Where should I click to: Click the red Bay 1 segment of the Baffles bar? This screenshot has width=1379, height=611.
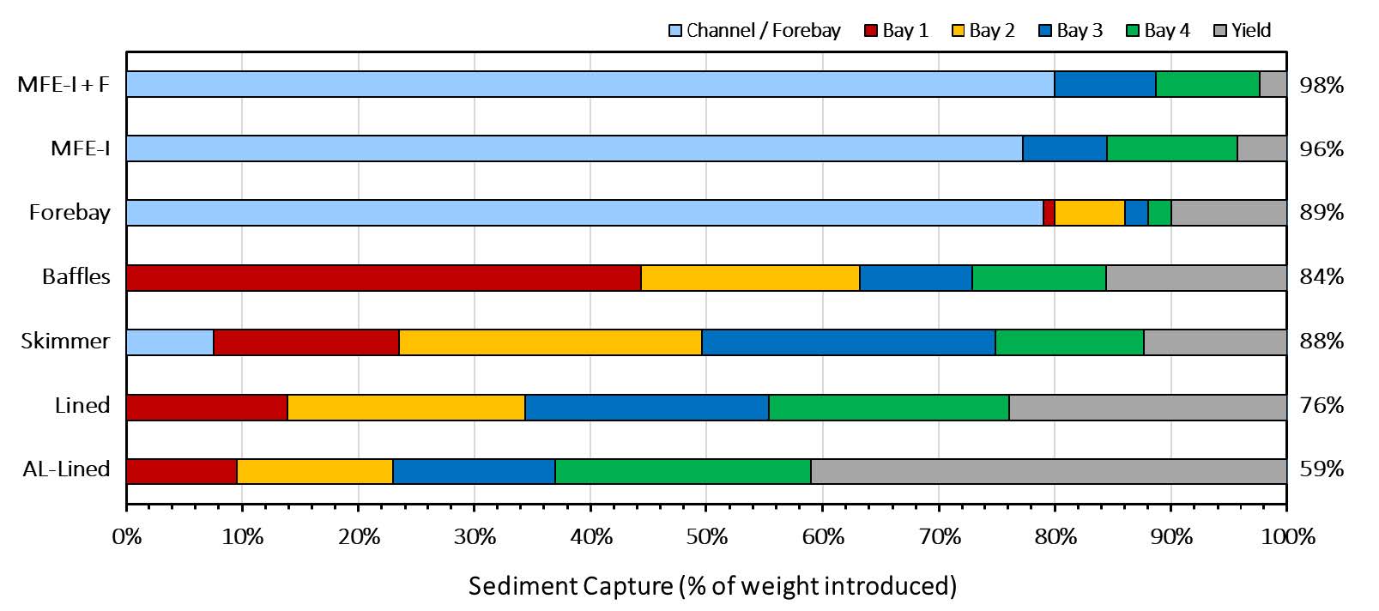click(384, 278)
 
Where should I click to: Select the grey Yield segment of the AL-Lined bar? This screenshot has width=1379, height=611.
click(1048, 471)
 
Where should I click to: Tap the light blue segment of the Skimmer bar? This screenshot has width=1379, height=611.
click(170, 342)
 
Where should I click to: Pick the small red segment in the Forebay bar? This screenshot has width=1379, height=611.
click(1049, 213)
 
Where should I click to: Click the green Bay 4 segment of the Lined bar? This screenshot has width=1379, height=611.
click(888, 407)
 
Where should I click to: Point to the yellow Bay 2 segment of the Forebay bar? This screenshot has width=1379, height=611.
click(1089, 213)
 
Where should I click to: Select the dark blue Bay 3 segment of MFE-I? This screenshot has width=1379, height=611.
click(1064, 148)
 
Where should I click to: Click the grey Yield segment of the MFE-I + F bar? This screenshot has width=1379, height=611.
click(1273, 84)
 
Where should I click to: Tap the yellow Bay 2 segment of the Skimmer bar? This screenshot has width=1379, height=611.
click(550, 342)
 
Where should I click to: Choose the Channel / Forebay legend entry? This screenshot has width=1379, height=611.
click(754, 31)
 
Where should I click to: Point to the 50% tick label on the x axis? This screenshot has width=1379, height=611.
click(706, 537)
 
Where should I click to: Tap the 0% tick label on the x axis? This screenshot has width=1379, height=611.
click(127, 537)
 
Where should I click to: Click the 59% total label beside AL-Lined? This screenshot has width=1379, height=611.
click(1322, 469)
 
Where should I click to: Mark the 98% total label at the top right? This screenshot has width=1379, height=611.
click(1322, 85)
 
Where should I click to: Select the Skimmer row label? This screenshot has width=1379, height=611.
click(65, 342)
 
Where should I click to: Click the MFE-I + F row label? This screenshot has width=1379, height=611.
click(64, 85)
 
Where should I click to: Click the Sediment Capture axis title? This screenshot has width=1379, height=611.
click(712, 586)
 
